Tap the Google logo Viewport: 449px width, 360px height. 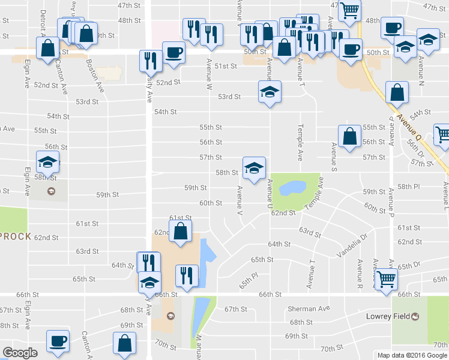(20, 353)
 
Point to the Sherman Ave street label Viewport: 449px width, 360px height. (307, 309)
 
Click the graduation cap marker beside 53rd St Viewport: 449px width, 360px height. (270, 92)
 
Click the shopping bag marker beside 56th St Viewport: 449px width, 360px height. (349, 136)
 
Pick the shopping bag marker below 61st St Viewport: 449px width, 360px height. (180, 231)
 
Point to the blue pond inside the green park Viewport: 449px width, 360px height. (292, 188)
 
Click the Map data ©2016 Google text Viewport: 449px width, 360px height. (412, 355)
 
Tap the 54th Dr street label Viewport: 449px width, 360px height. (421, 113)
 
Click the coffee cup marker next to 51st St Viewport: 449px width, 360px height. (173, 52)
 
